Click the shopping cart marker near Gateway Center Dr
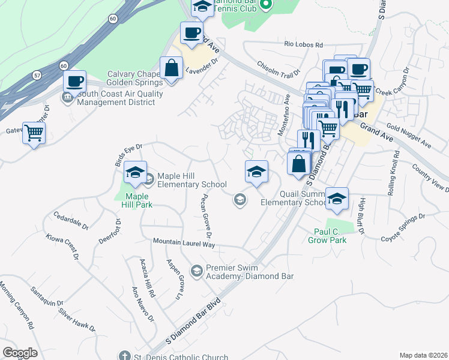(34, 133)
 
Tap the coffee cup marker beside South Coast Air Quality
(74, 81)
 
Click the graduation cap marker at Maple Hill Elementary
(136, 173)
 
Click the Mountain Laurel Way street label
(184, 243)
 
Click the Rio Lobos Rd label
(304, 45)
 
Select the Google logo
(20, 352)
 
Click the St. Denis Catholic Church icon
(124, 356)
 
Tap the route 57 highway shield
(37, 76)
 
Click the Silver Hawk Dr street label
(77, 320)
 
